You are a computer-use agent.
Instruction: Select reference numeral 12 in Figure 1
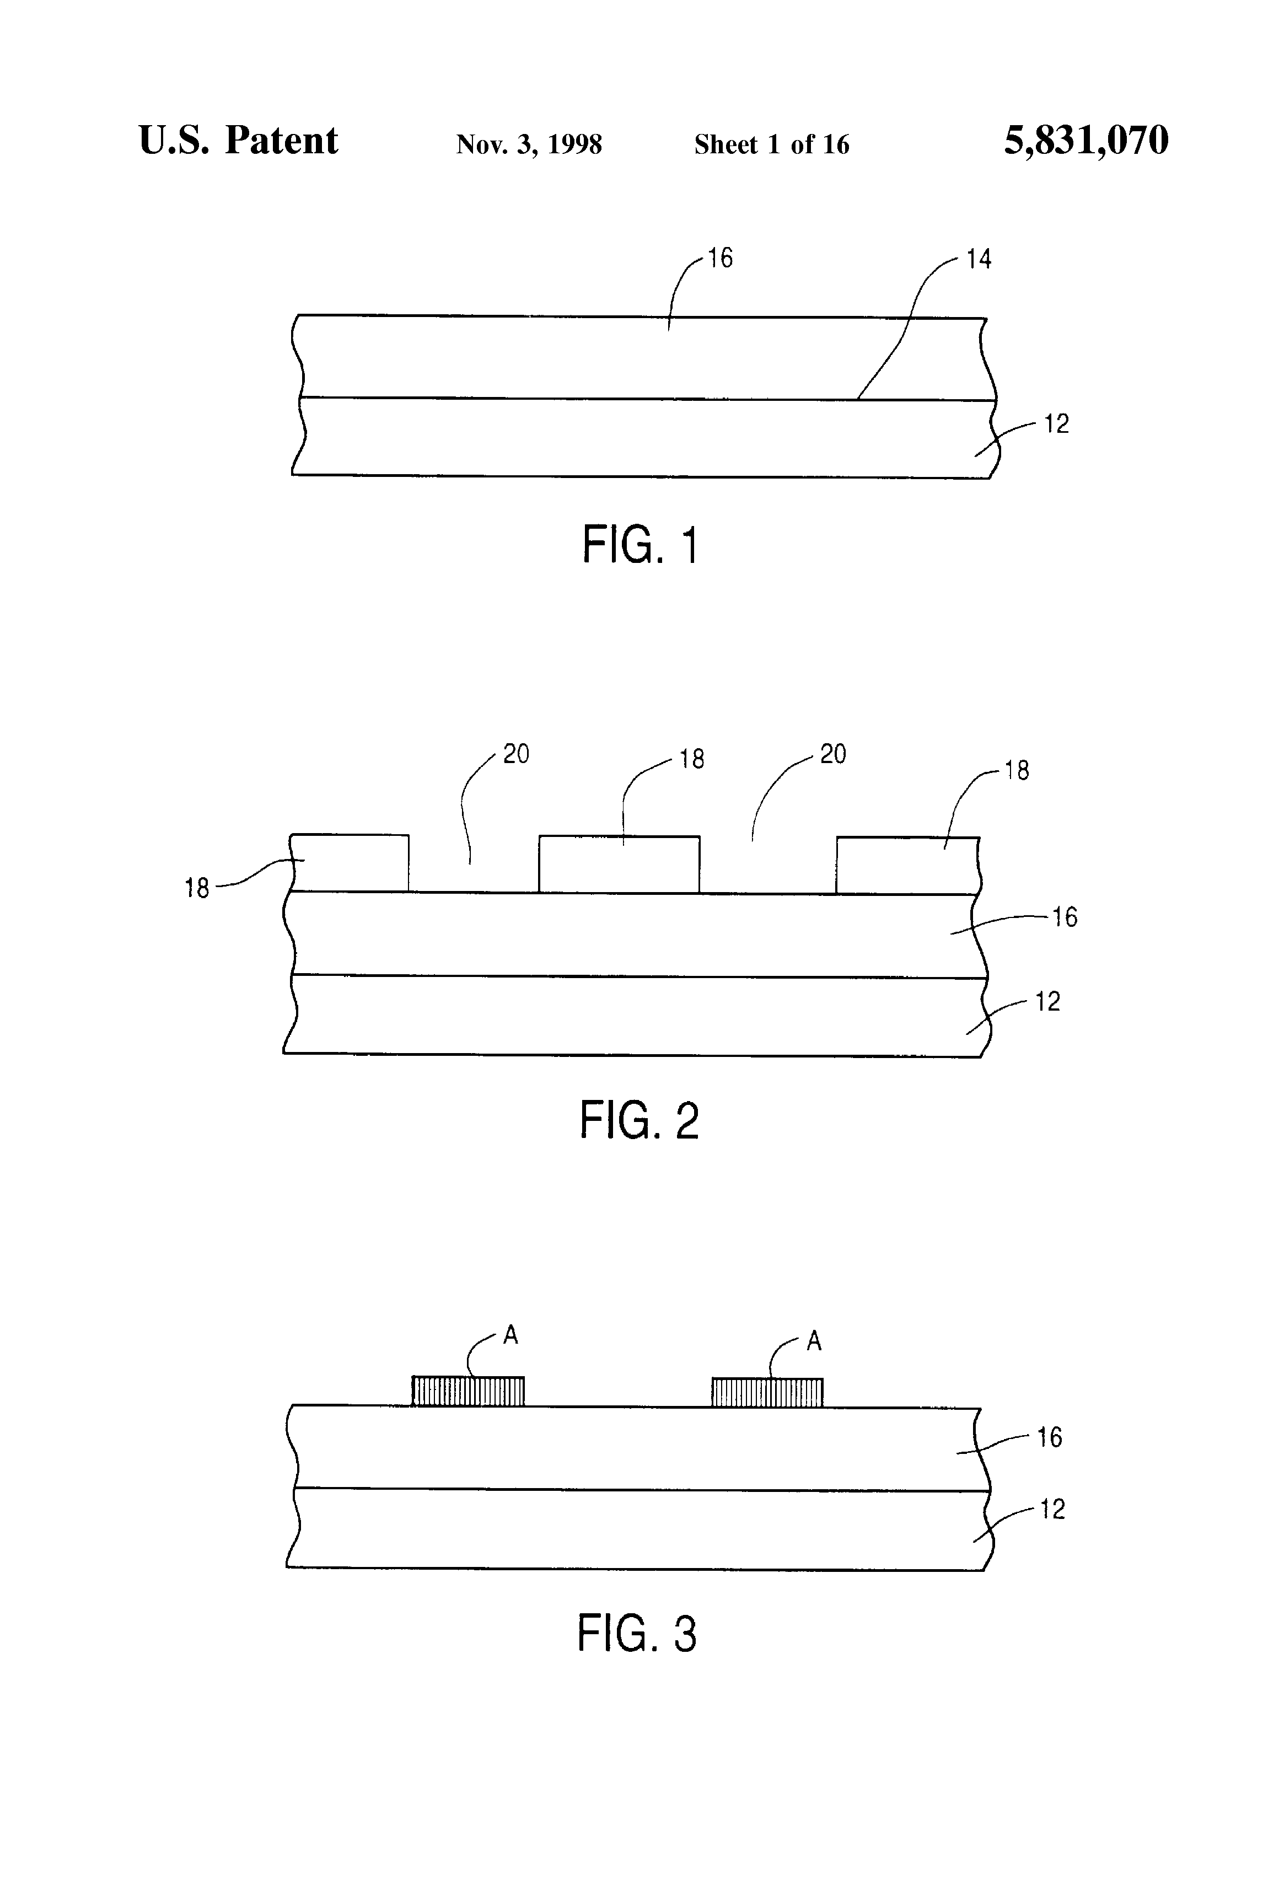[1056, 423]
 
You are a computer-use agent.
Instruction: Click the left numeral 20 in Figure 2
[516, 754]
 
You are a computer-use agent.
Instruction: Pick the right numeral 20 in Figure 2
[832, 754]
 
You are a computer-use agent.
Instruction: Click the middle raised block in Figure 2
[619, 865]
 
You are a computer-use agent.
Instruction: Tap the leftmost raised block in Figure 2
[350, 863]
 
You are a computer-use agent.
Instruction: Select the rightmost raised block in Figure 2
[907, 865]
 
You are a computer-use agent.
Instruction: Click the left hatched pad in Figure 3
[468, 1391]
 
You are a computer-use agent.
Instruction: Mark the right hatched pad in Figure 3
[767, 1392]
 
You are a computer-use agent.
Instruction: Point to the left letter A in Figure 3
[510, 1335]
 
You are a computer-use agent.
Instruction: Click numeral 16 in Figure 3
[1050, 1437]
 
